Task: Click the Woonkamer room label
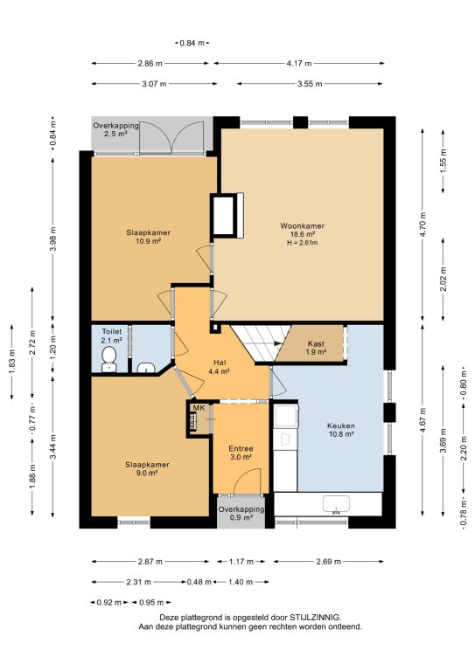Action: click(302, 226)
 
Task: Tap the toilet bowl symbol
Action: click(108, 358)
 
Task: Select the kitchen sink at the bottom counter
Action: click(336, 504)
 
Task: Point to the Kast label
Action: click(316, 343)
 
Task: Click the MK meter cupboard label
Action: click(199, 408)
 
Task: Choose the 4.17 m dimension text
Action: click(299, 63)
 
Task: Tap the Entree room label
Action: click(241, 448)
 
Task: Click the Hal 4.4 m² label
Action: click(219, 367)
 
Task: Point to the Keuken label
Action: click(341, 425)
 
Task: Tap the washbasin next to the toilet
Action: click(146, 368)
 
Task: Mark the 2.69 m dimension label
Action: click(329, 562)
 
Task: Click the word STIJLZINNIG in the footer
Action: click(315, 618)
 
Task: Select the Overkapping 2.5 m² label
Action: click(115, 129)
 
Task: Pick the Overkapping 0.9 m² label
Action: click(241, 514)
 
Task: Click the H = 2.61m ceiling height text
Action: click(303, 243)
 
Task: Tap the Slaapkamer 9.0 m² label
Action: click(147, 468)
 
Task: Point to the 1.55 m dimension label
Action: click(444, 157)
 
